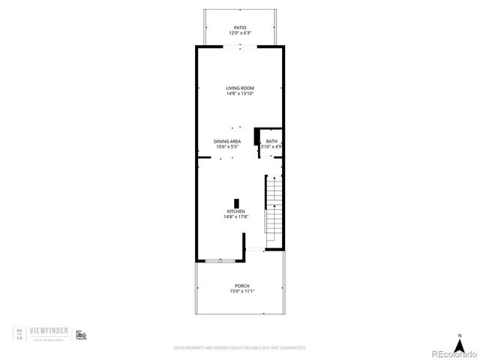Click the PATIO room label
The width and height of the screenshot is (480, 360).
240,28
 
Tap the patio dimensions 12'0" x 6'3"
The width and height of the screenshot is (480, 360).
240,33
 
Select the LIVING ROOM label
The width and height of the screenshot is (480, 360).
240,88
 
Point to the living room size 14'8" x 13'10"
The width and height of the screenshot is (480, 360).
240,94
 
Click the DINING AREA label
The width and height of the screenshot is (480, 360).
228,141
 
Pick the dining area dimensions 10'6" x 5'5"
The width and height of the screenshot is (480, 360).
228,146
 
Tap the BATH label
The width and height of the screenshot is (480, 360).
271,141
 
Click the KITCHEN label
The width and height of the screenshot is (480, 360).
236,211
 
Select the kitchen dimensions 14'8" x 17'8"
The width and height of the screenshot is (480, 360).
236,217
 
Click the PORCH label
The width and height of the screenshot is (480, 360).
241,286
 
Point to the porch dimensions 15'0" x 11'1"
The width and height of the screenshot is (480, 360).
241,291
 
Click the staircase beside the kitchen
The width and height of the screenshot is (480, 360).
274,210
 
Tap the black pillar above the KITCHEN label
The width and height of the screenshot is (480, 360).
237,202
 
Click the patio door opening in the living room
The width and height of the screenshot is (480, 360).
240,46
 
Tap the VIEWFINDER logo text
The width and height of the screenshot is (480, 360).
50,330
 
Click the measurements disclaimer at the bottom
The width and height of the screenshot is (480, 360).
240,348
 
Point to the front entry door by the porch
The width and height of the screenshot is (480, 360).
256,249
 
